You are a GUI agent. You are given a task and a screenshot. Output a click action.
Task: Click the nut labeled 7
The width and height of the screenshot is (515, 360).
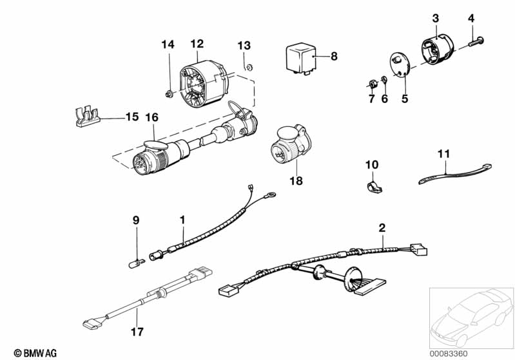pyautogui.click(x=373, y=83)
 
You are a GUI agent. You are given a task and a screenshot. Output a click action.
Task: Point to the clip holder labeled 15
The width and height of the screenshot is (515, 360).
pyautogui.click(x=84, y=117)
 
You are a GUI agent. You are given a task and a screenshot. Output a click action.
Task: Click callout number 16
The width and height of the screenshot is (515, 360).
pyautogui.click(x=151, y=117)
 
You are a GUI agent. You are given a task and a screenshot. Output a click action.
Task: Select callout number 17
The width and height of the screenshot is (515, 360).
pyautogui.click(x=137, y=332)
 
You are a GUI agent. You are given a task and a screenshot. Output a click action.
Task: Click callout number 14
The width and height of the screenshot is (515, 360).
pyautogui.click(x=168, y=44)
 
